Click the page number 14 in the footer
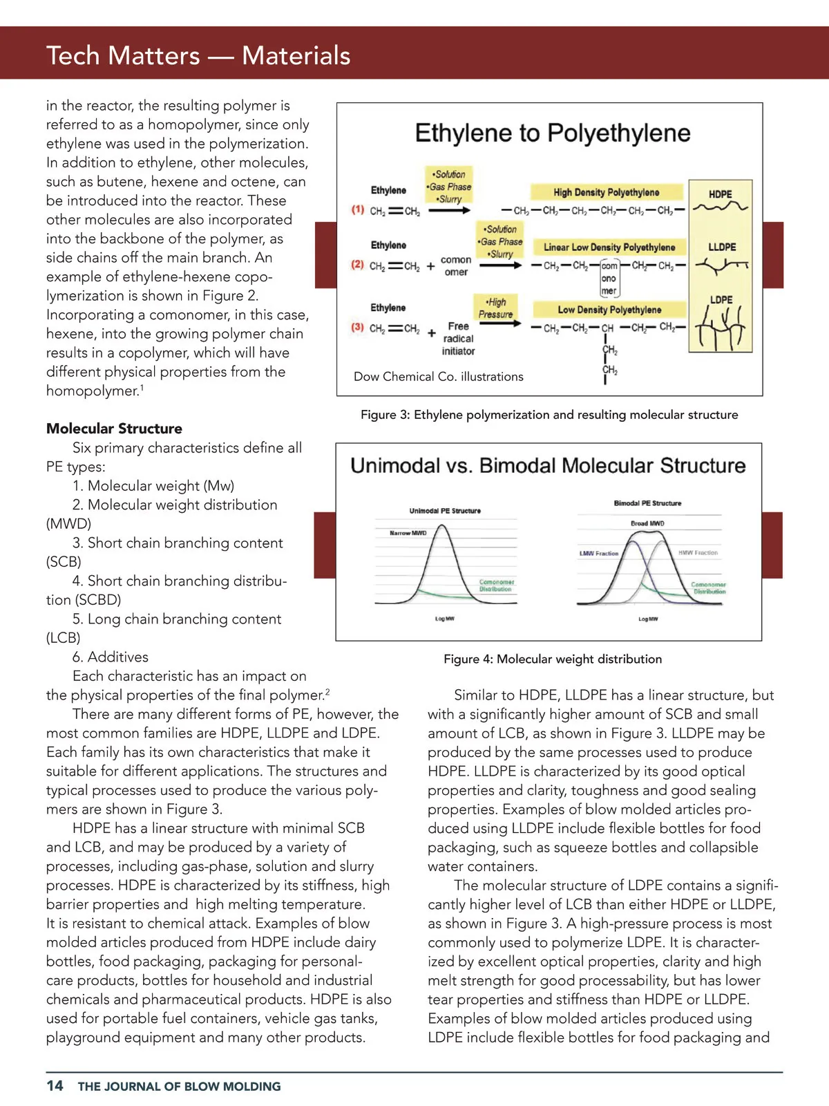pyautogui.click(x=55, y=1085)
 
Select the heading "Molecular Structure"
pyautogui.click(x=114, y=429)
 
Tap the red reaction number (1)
pyautogui.click(x=358, y=209)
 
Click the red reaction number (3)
pyautogui.click(x=358, y=327)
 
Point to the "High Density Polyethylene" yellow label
pyautogui.click(x=606, y=192)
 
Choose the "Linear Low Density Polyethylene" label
pyautogui.click(x=609, y=247)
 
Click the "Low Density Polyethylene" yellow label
pyautogui.click(x=609, y=310)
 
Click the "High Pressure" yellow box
pyautogui.click(x=496, y=308)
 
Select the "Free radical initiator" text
pyautogui.click(x=458, y=339)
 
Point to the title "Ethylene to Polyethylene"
pyautogui.click(x=553, y=133)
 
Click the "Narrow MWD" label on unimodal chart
pyautogui.click(x=408, y=533)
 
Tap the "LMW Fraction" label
pyautogui.click(x=598, y=553)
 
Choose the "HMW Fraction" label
pyautogui.click(x=698, y=552)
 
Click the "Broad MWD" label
pyautogui.click(x=647, y=523)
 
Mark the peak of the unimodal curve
pyautogui.click(x=443, y=526)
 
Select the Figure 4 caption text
pyautogui.click(x=553, y=659)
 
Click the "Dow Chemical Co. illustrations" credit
pyautogui.click(x=439, y=377)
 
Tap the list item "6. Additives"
pyautogui.click(x=111, y=657)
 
